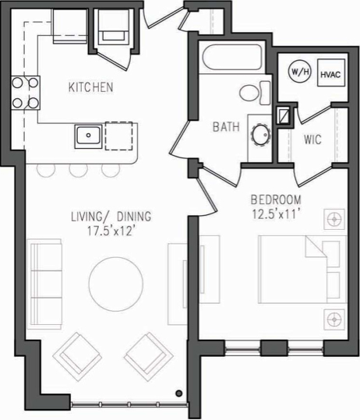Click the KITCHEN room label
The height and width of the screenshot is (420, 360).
pyautogui.click(x=91, y=87)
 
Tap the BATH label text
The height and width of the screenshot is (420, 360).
pyautogui.click(x=226, y=127)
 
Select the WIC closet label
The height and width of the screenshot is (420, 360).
pyautogui.click(x=312, y=139)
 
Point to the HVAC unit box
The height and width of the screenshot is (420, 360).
pyautogui.click(x=331, y=73)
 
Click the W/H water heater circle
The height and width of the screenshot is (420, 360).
pyautogui.click(x=300, y=71)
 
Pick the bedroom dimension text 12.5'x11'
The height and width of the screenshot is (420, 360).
pyautogui.click(x=276, y=214)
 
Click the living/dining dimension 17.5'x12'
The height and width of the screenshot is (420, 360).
pyautogui.click(x=111, y=231)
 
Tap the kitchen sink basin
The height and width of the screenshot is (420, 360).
pyautogui.click(x=88, y=136)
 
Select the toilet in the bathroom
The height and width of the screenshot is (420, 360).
pyautogui.click(x=255, y=93)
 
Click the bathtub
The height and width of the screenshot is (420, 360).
pyautogui.click(x=232, y=58)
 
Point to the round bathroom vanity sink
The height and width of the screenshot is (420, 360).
pyautogui.click(x=260, y=136)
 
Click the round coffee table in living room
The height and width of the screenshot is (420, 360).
pyautogui.click(x=116, y=284)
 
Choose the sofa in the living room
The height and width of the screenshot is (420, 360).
pyautogui.click(x=44, y=284)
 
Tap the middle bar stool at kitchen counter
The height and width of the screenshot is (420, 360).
pyautogui.click(x=79, y=171)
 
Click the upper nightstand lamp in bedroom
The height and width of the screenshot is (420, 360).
pyautogui.click(x=334, y=219)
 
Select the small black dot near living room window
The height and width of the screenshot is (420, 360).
pyautogui.click(x=178, y=394)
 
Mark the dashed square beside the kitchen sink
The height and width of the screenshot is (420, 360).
pyautogui.click(x=118, y=136)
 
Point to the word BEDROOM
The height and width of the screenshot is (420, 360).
pyautogui.click(x=276, y=199)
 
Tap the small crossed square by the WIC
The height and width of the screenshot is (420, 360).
pyautogui.click(x=284, y=115)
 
